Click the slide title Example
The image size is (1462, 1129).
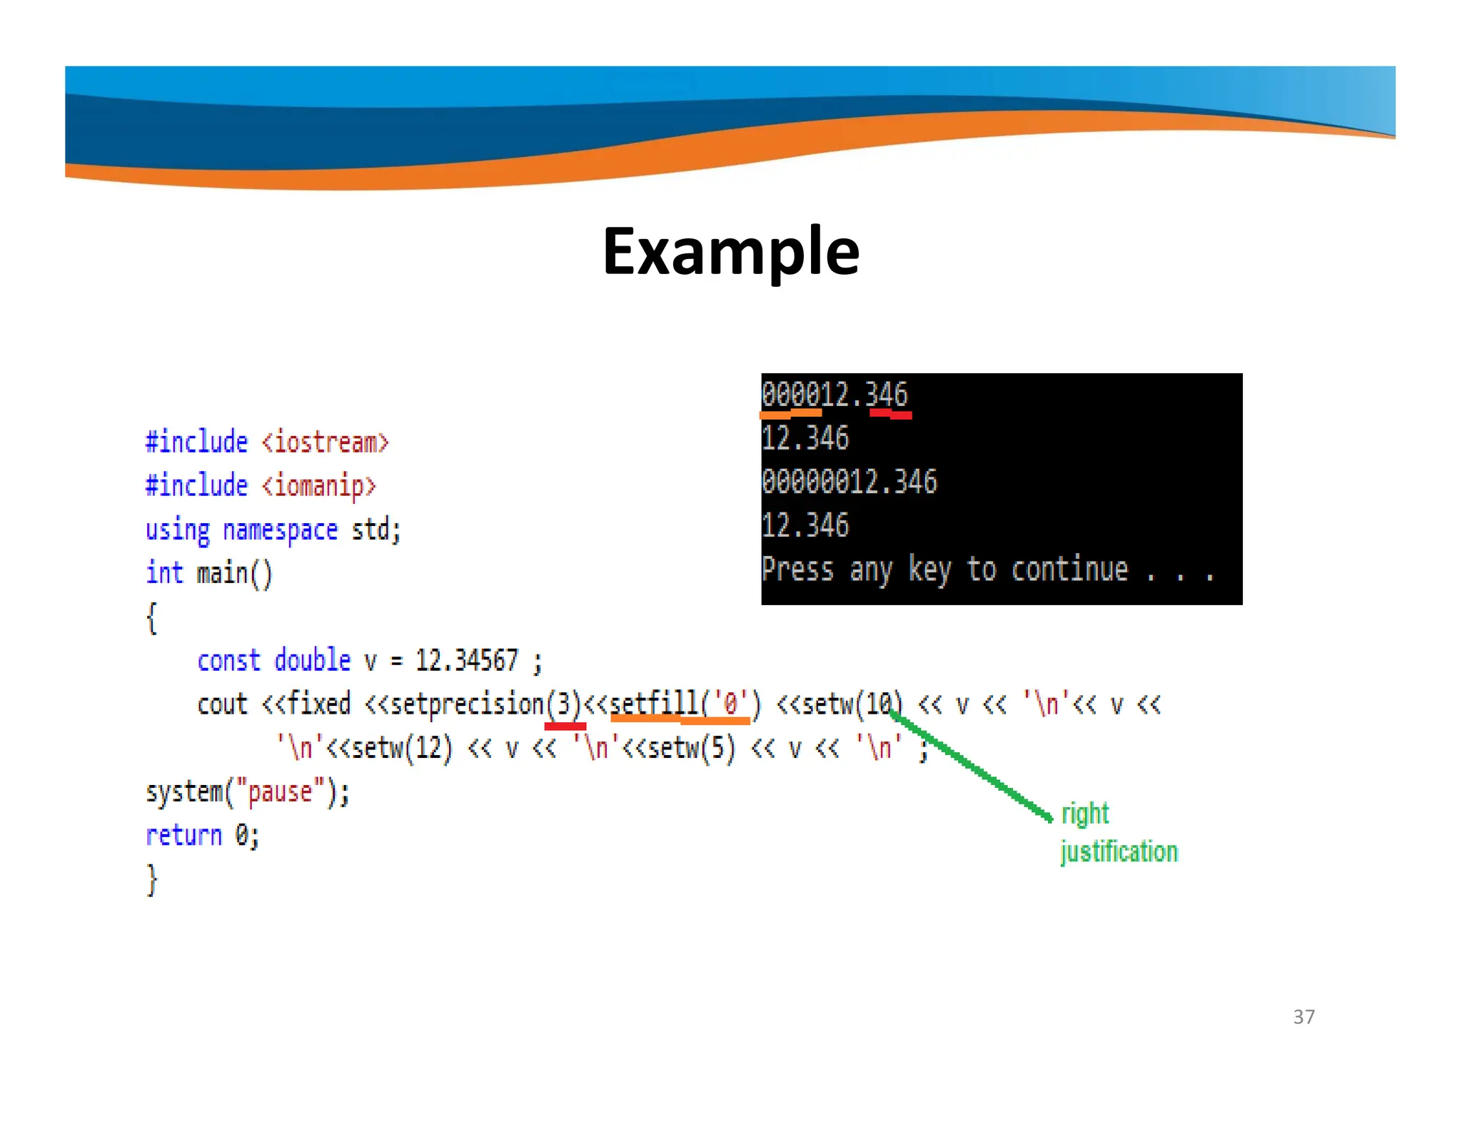[731, 251]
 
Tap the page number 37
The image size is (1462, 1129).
[1304, 1016]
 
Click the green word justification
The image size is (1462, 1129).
[1119, 851]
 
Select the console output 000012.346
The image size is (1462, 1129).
[834, 395]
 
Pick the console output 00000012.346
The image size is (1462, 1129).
[849, 482]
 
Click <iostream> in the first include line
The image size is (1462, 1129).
[326, 442]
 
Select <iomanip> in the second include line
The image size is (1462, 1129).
[318, 486]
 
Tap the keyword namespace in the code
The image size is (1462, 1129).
[280, 530]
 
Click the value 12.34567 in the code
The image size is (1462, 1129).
[467, 660]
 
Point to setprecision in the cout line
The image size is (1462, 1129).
[468, 704]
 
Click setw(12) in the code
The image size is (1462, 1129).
[402, 748]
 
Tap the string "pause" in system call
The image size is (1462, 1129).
[280, 792]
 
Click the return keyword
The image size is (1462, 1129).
[183, 835]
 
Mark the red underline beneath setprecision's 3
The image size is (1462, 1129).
[565, 726]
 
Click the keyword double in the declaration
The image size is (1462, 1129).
[312, 660]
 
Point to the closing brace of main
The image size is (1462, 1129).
[151, 879]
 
